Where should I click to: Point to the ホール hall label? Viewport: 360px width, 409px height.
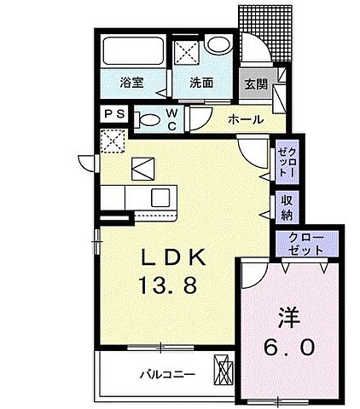(x=245, y=120)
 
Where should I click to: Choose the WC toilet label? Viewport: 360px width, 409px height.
(x=173, y=120)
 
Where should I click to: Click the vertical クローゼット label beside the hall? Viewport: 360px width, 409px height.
(x=287, y=160)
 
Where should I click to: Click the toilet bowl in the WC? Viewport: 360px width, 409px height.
(x=148, y=119)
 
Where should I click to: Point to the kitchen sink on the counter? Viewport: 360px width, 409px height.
(x=159, y=198)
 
